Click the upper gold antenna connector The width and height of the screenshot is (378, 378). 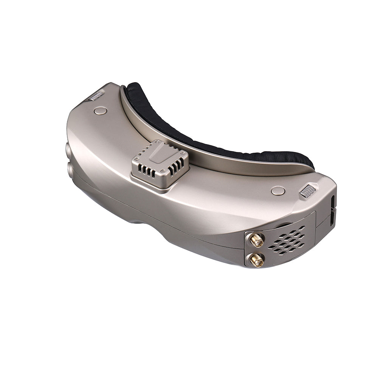tap(256, 240)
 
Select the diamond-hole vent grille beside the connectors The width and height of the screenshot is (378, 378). tap(287, 240)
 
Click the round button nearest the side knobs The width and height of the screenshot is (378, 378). tap(100, 111)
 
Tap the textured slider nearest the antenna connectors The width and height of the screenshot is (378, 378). tap(308, 191)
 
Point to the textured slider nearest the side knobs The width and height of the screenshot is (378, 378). tap(96, 96)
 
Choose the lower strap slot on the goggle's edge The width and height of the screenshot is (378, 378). tap(333, 218)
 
